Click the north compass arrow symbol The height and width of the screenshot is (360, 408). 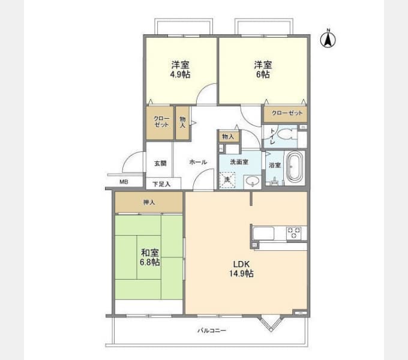[328, 40]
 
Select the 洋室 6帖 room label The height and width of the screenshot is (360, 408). [262, 70]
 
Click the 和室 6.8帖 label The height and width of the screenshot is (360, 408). [150, 257]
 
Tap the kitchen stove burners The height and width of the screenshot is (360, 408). [295, 233]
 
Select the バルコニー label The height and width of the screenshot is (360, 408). [212, 331]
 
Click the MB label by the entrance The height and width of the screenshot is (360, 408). [123, 182]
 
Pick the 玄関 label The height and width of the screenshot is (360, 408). [160, 163]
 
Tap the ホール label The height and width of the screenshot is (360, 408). [198, 163]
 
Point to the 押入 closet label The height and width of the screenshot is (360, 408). [149, 202]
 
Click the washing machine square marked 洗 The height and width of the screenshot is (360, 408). [228, 179]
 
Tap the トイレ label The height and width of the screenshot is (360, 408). [272, 137]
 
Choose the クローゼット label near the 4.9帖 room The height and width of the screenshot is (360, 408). [160, 121]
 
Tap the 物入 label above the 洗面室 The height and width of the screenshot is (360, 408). [228, 137]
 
